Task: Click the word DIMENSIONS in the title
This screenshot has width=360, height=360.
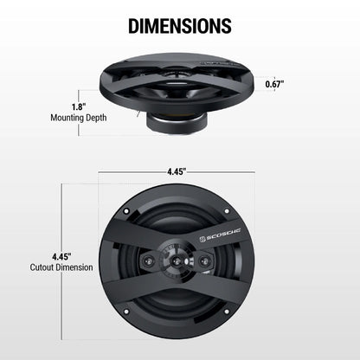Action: click(x=180, y=25)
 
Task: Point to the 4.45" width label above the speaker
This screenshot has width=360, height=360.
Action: click(x=180, y=170)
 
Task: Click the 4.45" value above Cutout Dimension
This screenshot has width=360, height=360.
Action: click(x=61, y=257)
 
